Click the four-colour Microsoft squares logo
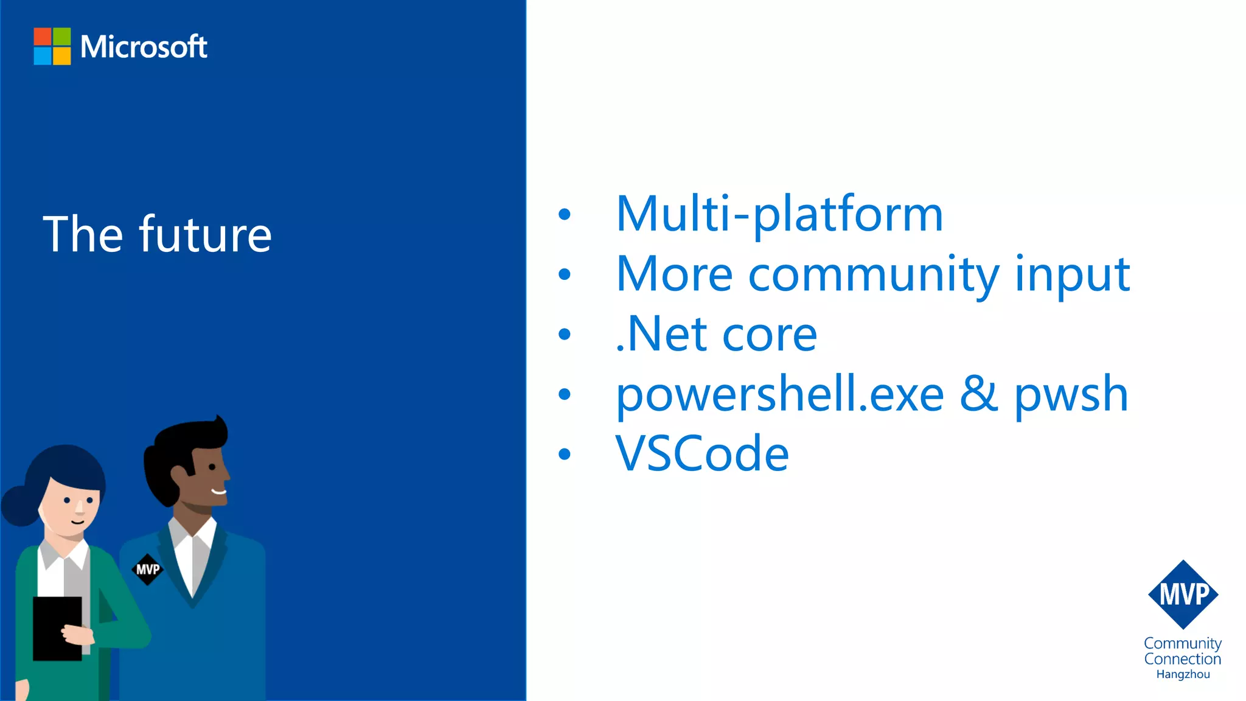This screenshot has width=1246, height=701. pos(52,46)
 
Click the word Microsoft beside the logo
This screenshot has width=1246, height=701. pos(144,47)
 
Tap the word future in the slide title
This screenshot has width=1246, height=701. pos(205,234)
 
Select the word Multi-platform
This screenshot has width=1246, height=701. pos(779,214)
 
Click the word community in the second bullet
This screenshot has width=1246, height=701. pos(873,274)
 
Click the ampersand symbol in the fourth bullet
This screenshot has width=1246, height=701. pos(979,394)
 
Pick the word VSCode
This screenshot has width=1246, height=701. pos(702,453)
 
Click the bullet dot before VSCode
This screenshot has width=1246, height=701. pos(565,454)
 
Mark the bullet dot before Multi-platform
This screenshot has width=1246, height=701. pos(565,214)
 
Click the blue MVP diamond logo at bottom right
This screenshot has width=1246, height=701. pos(1183,595)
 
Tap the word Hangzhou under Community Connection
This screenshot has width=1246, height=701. pos(1183,674)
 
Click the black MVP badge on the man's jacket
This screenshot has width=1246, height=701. pos(147,570)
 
